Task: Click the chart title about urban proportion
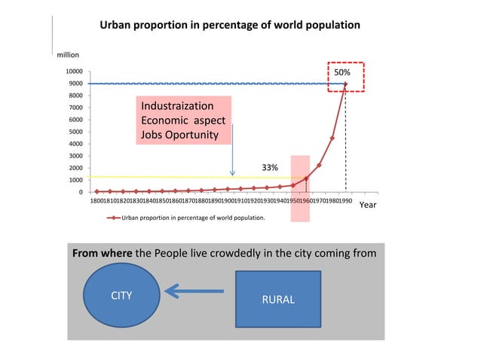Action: [x=230, y=25]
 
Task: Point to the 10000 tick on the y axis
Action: [x=73, y=72]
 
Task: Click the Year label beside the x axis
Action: [x=368, y=204]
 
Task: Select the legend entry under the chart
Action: [x=186, y=218]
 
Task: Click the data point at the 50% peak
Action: [x=345, y=84]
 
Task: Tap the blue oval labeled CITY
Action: [x=121, y=296]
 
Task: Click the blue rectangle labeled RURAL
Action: [x=278, y=300]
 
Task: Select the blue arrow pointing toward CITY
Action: [x=194, y=291]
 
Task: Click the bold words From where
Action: [x=101, y=254]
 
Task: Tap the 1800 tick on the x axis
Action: [x=97, y=202]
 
